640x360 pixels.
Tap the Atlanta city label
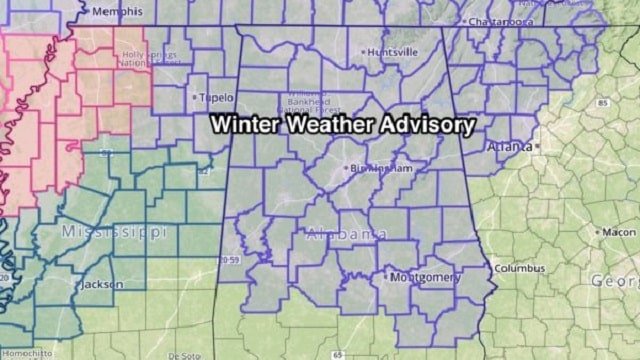(510, 146)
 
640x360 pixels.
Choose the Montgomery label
(425, 277)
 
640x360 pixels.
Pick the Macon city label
(619, 232)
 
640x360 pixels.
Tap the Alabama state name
(345, 234)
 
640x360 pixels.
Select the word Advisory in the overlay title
(429, 125)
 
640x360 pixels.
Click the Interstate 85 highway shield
(602, 103)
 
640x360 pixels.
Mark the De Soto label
(184, 355)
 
